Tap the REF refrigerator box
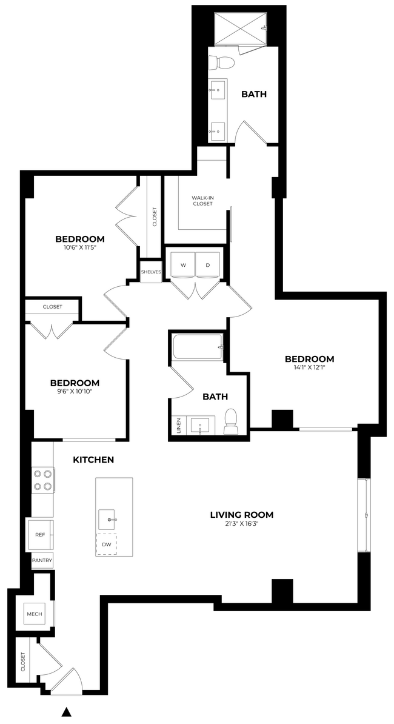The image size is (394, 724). [40, 535]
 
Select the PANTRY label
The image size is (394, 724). [42, 561]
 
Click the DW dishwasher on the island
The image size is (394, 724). [106, 545]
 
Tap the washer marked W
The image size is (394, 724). [182, 265]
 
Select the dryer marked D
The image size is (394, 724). [208, 265]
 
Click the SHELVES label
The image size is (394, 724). [151, 272]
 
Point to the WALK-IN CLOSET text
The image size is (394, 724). [202, 201]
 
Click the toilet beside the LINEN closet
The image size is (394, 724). [231, 421]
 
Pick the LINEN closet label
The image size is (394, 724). [178, 426]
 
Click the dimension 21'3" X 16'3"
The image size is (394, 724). [241, 525]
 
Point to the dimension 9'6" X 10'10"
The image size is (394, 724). [75, 392]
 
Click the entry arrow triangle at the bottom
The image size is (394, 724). [67, 711]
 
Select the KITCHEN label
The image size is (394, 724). [93, 460]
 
